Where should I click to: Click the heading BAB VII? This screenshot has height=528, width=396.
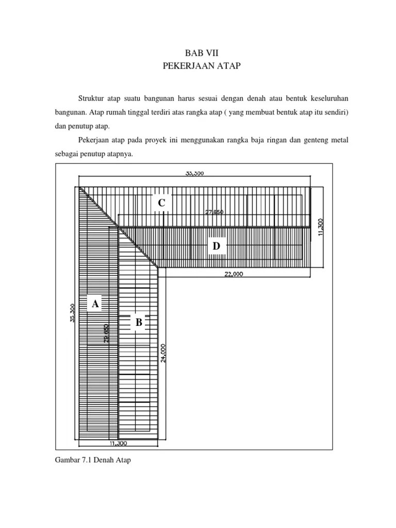[x=198, y=53]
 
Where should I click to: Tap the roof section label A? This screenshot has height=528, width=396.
[x=95, y=304]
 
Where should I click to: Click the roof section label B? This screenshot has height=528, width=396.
[x=139, y=323]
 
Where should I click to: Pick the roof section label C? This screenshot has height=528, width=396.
[x=161, y=204]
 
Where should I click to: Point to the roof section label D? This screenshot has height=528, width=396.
[x=216, y=247]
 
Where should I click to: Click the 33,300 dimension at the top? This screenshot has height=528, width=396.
[x=194, y=174]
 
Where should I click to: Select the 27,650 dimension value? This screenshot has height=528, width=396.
[x=214, y=212]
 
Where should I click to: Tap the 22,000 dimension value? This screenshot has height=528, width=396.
[x=234, y=274]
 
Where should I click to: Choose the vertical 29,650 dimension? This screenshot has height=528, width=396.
[x=106, y=334]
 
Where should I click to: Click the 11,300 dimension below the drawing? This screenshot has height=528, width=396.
[x=119, y=442]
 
